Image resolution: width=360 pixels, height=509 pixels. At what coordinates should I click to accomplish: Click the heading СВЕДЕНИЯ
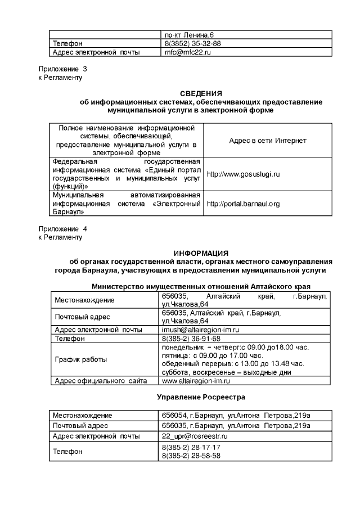point(201,93)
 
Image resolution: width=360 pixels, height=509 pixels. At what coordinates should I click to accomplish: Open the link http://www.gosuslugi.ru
point(243,174)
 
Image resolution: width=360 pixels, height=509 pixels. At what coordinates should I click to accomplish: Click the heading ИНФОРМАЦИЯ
point(201,254)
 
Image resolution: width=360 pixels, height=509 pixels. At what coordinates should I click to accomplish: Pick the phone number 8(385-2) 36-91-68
point(191,339)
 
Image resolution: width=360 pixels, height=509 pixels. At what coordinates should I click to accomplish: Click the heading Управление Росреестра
point(201,397)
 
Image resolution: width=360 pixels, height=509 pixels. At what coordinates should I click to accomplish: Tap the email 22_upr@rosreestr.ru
point(194,436)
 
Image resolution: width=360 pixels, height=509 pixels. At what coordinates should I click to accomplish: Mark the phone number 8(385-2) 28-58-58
point(191,456)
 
